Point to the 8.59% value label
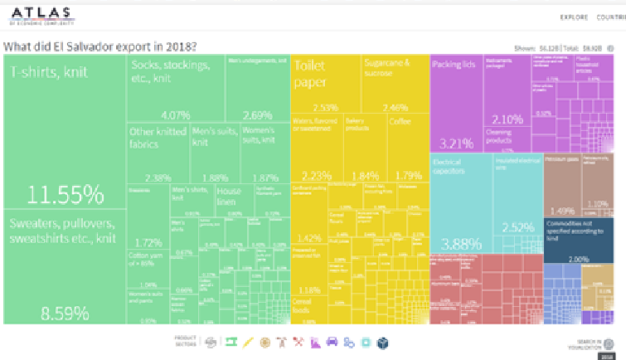[65, 314]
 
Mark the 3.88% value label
[459, 244]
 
